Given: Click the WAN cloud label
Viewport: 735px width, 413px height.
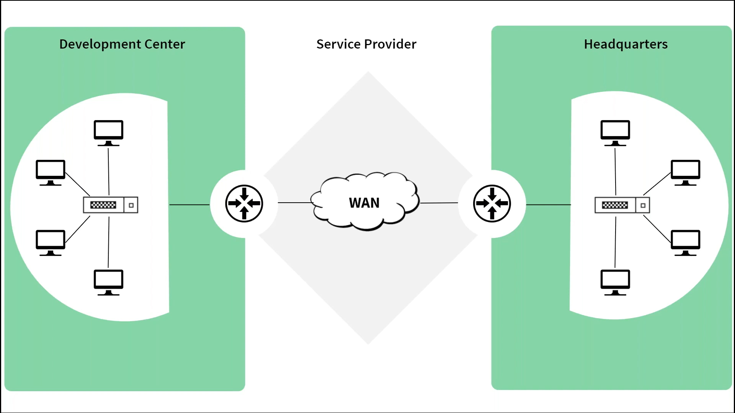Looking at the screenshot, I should click(364, 203).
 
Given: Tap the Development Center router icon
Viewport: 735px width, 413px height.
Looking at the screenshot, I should click(244, 203).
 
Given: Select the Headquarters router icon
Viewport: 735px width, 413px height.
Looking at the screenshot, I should click(492, 203).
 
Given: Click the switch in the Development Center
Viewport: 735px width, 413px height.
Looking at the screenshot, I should click(111, 205).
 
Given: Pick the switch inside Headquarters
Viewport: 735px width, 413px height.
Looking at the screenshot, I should click(622, 205).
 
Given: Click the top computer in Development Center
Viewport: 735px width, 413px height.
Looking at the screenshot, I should click(109, 132).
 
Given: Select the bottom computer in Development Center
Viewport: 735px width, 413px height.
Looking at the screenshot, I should click(109, 282).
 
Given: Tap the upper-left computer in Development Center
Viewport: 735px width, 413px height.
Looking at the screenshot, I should click(51, 172).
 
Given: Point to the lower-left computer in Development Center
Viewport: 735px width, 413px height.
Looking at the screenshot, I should click(51, 242).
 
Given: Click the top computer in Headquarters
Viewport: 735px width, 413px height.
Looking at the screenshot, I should click(615, 132).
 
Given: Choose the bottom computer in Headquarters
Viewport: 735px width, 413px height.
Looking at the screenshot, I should click(615, 282).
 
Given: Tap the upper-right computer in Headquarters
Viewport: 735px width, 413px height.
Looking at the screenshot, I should click(685, 172).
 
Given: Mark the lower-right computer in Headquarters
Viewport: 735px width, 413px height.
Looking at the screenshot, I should click(685, 242).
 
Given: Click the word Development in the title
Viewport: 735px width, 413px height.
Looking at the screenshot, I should click(100, 44).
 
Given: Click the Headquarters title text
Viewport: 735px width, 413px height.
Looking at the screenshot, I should click(626, 44).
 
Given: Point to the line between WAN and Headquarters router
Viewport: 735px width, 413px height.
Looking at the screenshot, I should click(439, 203).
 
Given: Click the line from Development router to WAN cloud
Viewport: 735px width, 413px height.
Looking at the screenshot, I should click(295, 202).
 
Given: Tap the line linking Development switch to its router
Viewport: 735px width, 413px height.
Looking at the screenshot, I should click(189, 205).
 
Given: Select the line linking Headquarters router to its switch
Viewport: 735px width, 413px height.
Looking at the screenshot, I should click(548, 205).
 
